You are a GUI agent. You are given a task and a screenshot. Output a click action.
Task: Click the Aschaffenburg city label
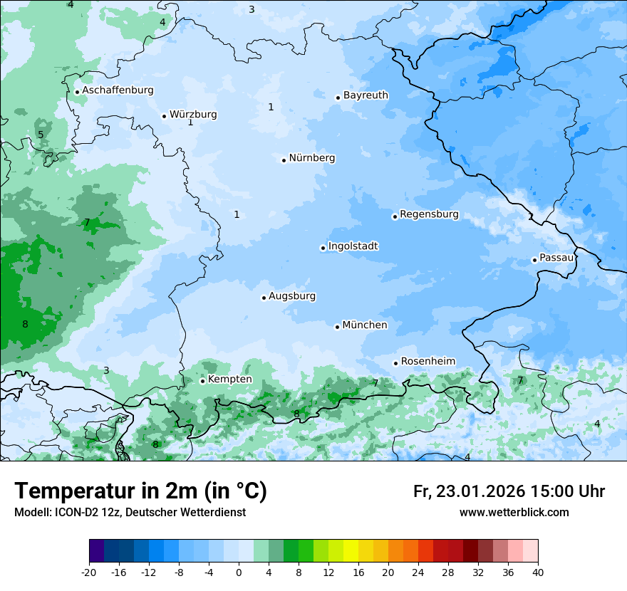click(x=118, y=90)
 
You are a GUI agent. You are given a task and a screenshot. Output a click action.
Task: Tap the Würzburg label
click(x=193, y=115)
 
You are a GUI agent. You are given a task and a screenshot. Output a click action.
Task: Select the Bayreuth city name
click(x=366, y=95)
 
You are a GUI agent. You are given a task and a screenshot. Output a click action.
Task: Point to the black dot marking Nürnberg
click(x=284, y=160)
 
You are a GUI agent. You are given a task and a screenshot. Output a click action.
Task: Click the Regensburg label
click(x=429, y=214)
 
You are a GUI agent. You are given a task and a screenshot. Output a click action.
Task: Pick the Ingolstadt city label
click(x=353, y=246)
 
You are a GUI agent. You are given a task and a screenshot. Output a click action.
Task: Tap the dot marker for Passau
click(x=534, y=260)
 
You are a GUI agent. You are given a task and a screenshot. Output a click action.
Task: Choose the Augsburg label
click(x=292, y=296)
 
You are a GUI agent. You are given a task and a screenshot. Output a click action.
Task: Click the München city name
click(x=365, y=325)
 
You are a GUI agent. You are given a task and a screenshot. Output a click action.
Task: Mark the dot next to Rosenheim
click(x=395, y=364)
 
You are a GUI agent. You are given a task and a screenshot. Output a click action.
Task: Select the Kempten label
click(x=229, y=380)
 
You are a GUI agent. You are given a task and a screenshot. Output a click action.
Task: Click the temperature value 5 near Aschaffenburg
click(x=41, y=135)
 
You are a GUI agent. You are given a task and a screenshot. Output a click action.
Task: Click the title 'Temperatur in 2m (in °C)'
click(x=140, y=491)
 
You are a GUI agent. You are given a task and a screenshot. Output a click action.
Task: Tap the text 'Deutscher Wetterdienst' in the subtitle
click(x=186, y=513)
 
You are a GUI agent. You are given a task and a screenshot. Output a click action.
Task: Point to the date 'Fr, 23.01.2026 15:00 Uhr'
click(x=509, y=491)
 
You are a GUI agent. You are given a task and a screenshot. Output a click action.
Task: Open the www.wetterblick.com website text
click(x=514, y=513)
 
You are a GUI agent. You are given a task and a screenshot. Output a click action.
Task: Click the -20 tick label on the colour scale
click(x=89, y=572)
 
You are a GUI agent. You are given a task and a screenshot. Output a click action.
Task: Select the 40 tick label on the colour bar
click(x=537, y=572)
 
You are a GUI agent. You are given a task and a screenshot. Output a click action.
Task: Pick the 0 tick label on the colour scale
click(x=239, y=572)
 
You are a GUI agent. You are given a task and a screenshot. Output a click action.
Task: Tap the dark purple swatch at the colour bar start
click(x=96, y=551)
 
